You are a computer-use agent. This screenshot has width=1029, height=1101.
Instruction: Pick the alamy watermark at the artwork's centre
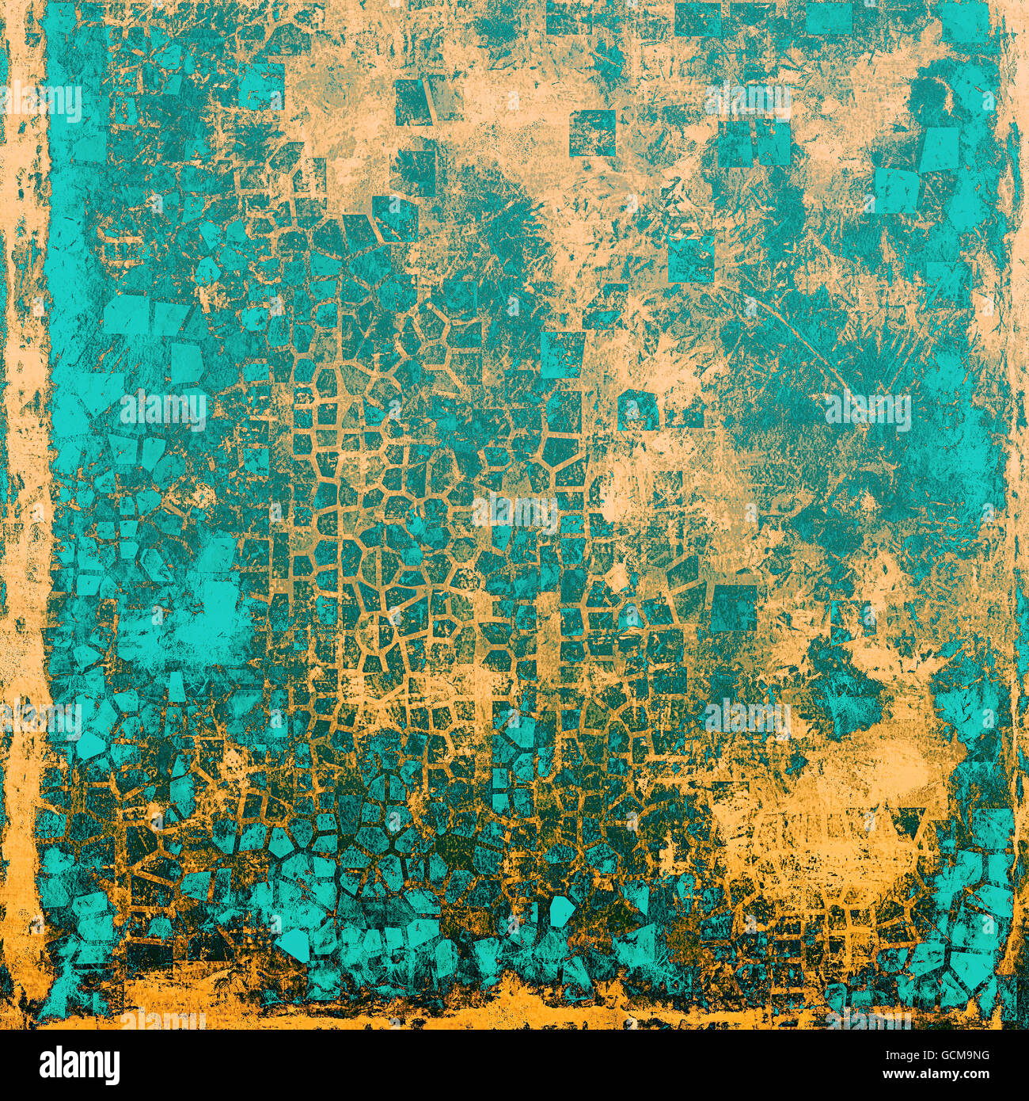click(x=515, y=513)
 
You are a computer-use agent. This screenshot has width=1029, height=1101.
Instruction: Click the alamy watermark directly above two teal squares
click(x=747, y=100)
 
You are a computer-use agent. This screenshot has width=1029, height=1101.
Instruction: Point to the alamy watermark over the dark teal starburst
click(x=868, y=410)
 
